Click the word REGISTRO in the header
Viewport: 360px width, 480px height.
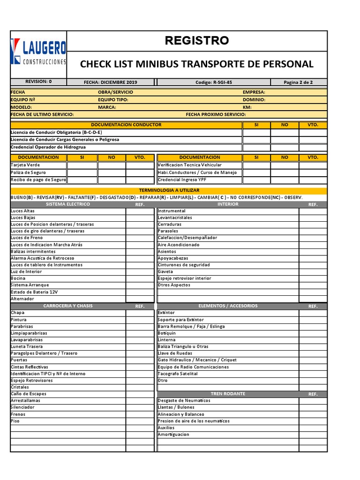(x=197, y=41)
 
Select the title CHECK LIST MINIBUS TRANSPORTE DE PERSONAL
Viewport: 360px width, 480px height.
(x=197, y=64)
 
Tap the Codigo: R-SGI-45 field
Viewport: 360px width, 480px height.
(x=214, y=82)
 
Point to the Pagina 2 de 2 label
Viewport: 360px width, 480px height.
(x=298, y=82)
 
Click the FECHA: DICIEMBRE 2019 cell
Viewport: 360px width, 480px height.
(x=111, y=82)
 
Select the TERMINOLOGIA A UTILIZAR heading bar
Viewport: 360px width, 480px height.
(x=169, y=190)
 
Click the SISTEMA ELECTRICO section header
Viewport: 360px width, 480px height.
(x=68, y=204)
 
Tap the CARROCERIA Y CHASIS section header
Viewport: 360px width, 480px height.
(x=68, y=306)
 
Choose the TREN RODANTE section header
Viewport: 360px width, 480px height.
(x=228, y=394)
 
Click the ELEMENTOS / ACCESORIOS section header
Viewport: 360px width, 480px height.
(x=228, y=306)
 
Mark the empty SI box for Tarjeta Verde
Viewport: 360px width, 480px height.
(x=82, y=165)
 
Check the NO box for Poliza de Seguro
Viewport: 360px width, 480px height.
(x=112, y=172)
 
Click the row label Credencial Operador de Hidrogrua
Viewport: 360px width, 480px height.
(x=48, y=147)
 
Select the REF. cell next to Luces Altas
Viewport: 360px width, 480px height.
(x=140, y=211)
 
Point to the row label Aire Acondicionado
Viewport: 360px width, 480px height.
(x=179, y=245)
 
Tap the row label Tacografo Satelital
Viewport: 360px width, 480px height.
(x=178, y=374)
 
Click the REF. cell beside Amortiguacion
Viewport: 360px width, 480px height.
(x=313, y=435)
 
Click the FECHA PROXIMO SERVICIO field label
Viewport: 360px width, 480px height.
(x=216, y=114)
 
